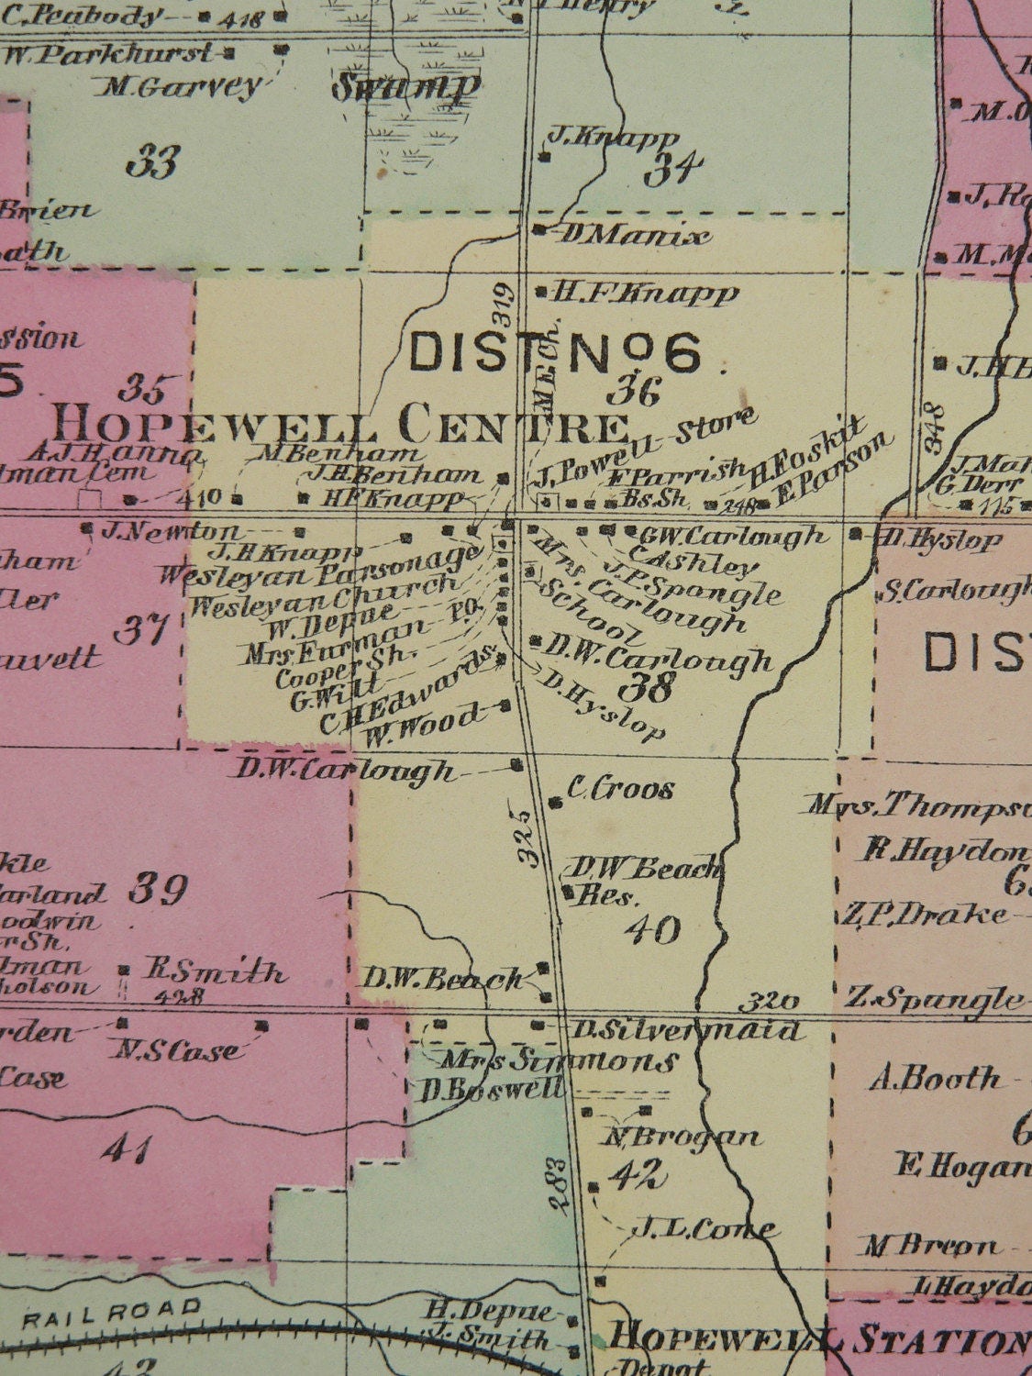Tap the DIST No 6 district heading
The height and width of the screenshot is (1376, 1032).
point(556,351)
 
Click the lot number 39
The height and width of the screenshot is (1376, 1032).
point(157,889)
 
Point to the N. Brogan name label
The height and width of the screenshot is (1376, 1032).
point(682,1137)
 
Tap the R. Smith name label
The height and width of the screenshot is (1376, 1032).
point(215,972)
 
